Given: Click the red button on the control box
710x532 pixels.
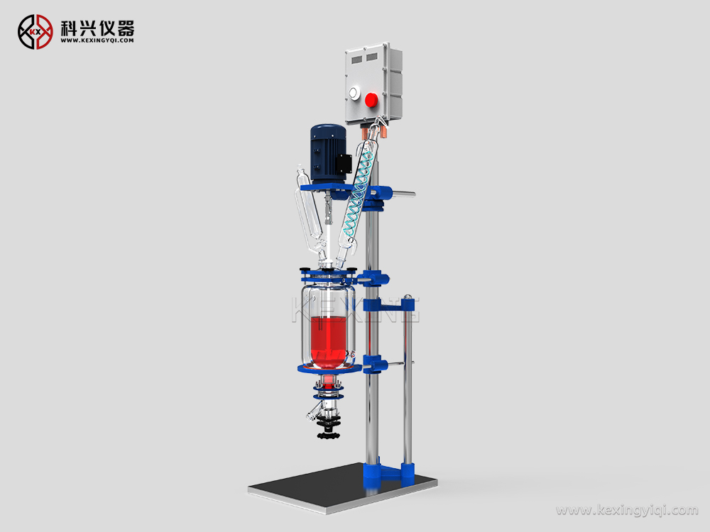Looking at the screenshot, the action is (x=371, y=99).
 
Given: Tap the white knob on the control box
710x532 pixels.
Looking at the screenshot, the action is (x=353, y=94).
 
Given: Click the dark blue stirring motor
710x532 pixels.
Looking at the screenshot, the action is (x=328, y=155).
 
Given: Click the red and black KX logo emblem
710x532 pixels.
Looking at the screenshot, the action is (x=35, y=32).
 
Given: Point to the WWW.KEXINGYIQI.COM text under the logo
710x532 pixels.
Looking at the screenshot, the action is (x=97, y=40).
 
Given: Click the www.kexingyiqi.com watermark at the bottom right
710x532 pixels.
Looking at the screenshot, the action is (x=627, y=510).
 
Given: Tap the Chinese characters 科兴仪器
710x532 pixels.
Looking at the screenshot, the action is (x=97, y=28).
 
